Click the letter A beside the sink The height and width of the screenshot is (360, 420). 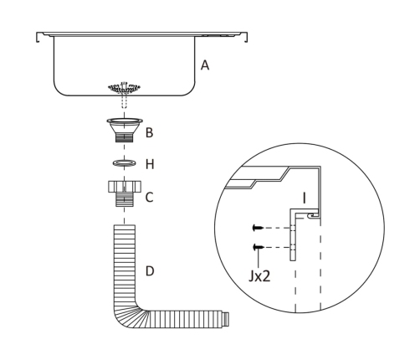205,65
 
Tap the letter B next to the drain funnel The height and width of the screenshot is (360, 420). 150,132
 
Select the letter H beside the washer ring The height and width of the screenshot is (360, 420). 150,164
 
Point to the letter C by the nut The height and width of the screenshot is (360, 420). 150,198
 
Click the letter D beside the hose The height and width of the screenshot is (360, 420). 150,271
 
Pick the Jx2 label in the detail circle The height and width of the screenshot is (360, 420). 259,276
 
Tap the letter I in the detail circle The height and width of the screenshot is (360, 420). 305,198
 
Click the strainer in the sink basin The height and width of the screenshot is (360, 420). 125,88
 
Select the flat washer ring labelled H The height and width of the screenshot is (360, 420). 125,162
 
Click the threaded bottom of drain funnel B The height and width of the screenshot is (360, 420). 125,137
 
